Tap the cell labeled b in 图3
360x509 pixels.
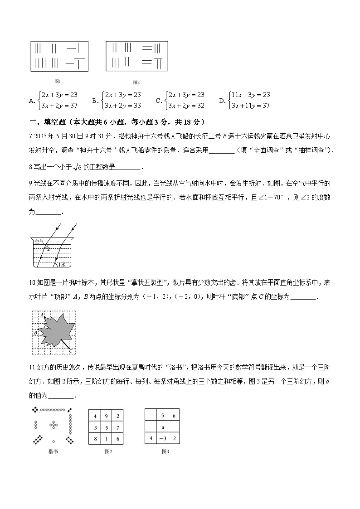[x=174, y=416]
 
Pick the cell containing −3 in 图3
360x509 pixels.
[x=162, y=438]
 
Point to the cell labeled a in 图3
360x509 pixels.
[x=162, y=427]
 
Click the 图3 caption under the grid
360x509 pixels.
[x=165, y=451]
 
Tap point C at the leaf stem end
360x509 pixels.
[x=70, y=350]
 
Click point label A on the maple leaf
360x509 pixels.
[x=42, y=315]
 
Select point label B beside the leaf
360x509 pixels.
[x=35, y=333]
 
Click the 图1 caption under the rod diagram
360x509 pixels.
[x=58, y=81]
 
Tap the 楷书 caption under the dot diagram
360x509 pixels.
[x=53, y=451]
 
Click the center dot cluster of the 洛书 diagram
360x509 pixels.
[x=54, y=425]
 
